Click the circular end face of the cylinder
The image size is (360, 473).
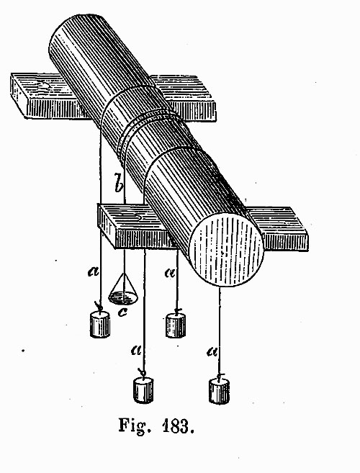coord(225,249)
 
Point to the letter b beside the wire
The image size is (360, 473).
coord(119,183)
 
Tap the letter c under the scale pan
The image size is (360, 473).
coord(122,312)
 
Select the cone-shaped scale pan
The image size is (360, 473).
coord(123,289)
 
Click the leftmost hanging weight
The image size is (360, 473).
coord(100,324)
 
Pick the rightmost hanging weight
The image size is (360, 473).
coord(219,391)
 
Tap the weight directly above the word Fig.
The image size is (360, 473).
coord(143,389)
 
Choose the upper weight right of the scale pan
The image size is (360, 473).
coord(176,325)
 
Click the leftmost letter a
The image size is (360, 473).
coord(94,272)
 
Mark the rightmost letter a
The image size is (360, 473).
coord(212,351)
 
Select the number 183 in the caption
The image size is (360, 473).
coord(178,426)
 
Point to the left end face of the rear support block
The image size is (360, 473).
coord(19,94)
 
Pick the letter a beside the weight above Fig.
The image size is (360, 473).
coord(136,351)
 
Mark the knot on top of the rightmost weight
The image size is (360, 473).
coord(220,376)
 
